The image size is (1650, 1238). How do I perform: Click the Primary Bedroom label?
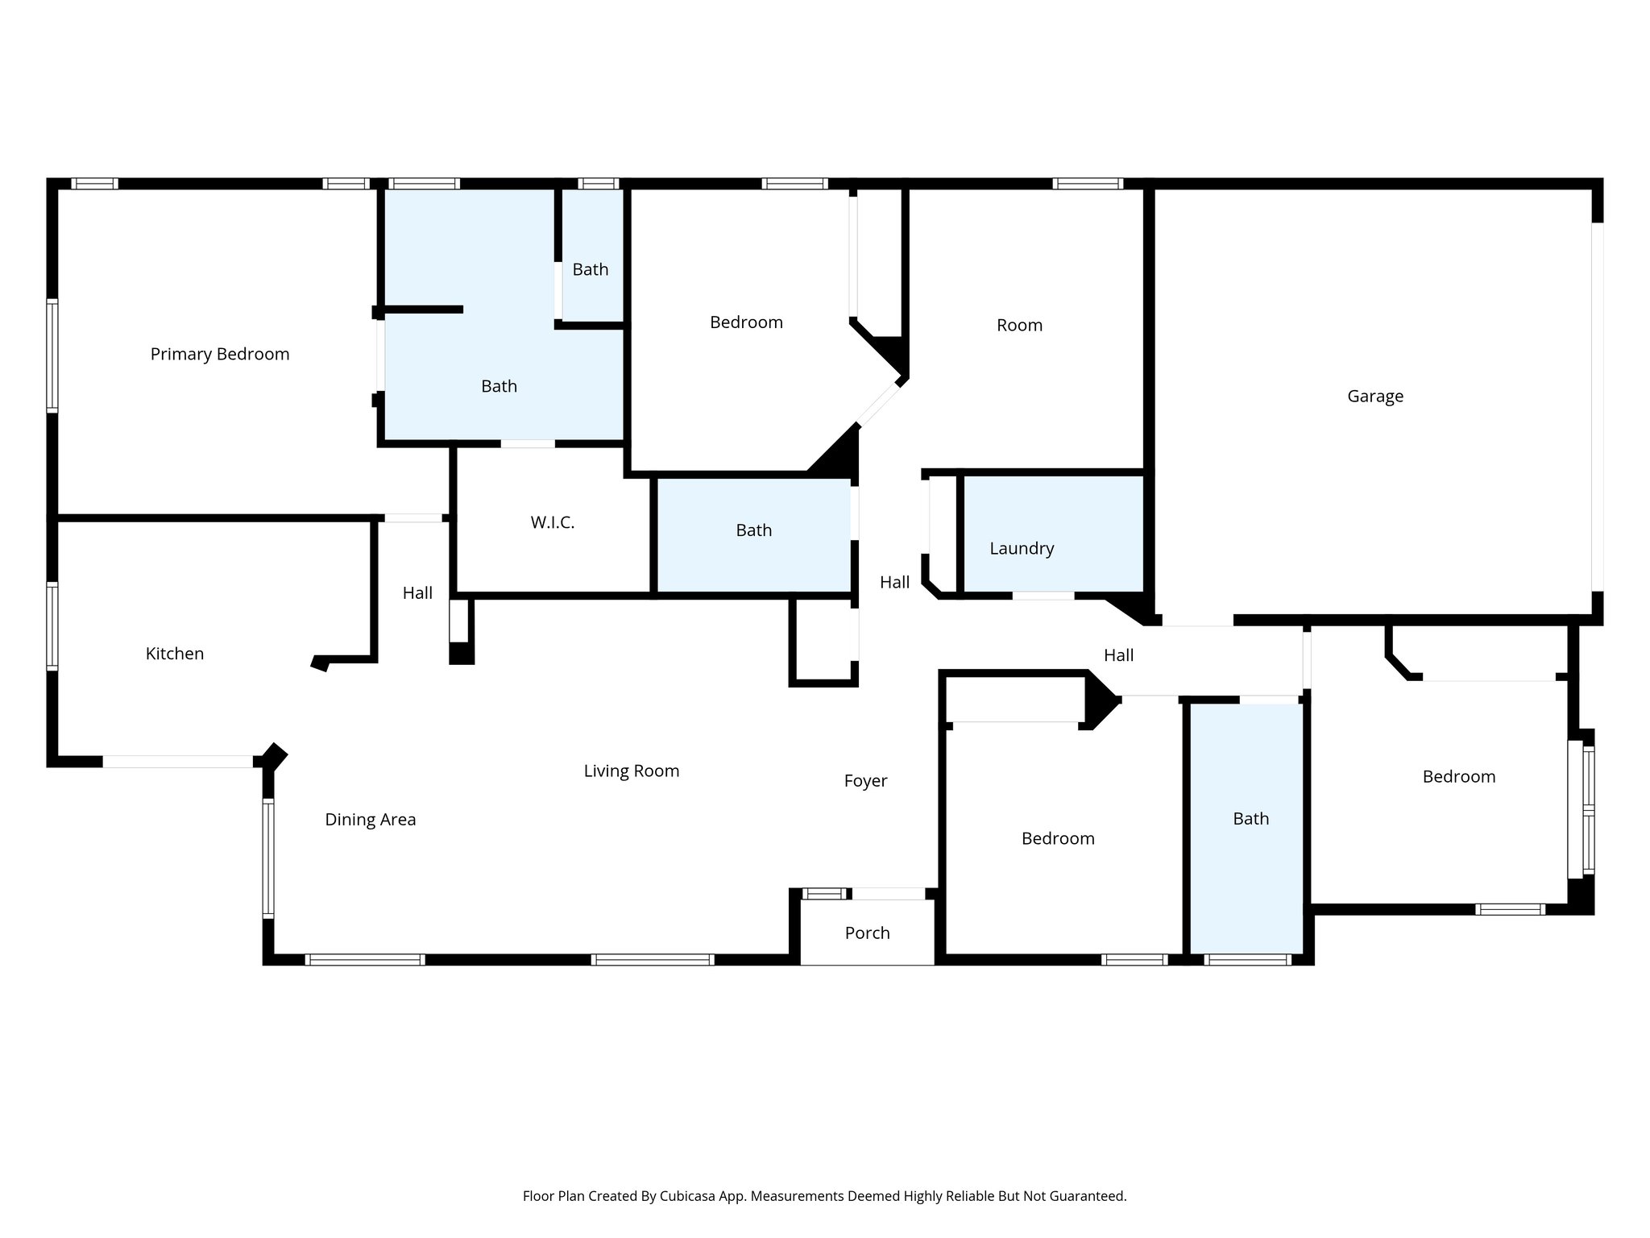point(219,354)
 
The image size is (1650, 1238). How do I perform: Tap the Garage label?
point(1375,396)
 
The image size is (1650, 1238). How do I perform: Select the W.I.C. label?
point(552,522)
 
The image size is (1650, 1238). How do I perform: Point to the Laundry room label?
point(1022,548)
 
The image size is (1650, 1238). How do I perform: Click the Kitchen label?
point(174,654)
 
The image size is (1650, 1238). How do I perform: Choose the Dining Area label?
point(370,820)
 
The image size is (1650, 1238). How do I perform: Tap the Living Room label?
point(631,771)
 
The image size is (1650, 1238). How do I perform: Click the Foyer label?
point(865,781)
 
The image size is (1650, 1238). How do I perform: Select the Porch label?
point(867,933)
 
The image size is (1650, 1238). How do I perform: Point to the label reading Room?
point(1019,326)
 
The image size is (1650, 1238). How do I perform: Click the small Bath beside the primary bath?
point(590,270)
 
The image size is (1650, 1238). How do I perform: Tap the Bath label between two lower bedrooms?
point(1250,819)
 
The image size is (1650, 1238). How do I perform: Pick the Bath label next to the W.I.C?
point(753,530)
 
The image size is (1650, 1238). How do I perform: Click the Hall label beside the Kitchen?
point(417,593)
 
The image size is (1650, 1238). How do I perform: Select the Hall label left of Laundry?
point(894,583)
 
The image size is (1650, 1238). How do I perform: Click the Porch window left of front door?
point(823,893)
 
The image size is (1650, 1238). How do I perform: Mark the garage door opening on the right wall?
point(1597,407)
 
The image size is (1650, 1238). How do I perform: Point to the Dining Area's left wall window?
point(268,858)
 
